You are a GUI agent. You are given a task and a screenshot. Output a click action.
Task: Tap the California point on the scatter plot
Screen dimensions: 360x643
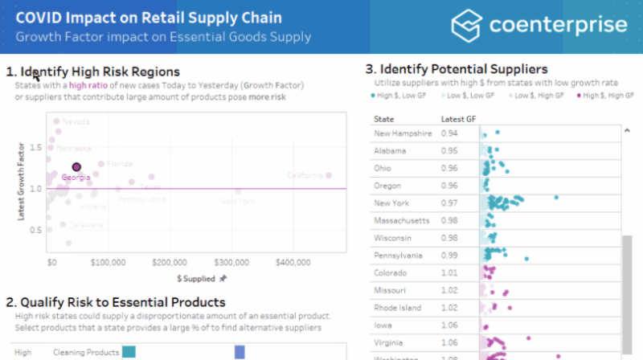point(328,175)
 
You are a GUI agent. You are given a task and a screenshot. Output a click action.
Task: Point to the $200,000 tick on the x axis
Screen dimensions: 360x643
point(170,262)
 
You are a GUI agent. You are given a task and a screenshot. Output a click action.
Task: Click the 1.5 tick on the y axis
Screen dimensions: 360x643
point(35,147)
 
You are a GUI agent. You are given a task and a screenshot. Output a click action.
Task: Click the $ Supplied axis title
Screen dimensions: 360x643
point(196,278)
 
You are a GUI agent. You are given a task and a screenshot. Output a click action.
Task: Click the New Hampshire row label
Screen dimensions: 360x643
point(403,133)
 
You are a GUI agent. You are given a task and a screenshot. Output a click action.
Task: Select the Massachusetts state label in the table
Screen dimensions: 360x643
point(401,220)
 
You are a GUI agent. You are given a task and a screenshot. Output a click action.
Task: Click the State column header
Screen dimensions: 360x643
point(384,119)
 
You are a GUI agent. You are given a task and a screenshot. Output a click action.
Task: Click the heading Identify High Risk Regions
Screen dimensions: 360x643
point(100,72)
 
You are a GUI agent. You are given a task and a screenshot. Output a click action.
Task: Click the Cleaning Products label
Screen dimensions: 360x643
point(86,352)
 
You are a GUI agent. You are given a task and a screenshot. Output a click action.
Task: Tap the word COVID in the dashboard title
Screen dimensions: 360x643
point(38,18)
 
